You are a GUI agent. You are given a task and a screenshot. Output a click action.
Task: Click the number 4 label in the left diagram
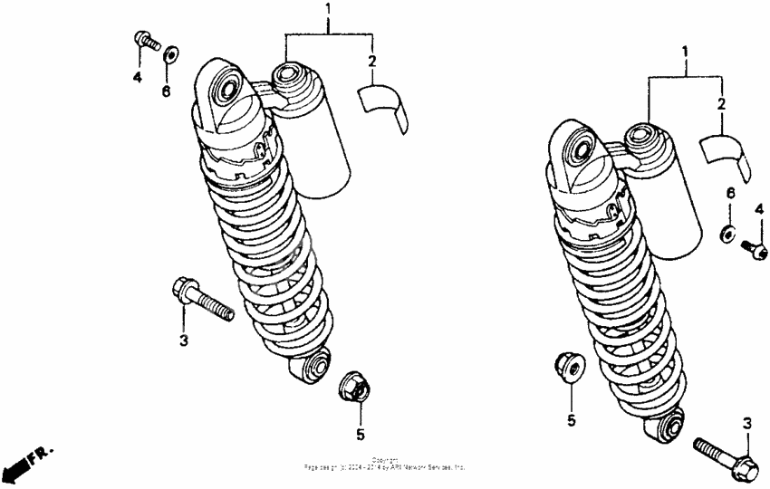click(x=138, y=79)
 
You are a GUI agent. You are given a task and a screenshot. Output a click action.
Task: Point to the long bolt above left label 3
click(x=201, y=300)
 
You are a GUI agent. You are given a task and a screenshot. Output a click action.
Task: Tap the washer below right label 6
click(x=727, y=235)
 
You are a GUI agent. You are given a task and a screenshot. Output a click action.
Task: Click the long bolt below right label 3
click(x=726, y=453)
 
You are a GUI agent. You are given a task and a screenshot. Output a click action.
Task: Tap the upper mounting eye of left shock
click(x=223, y=89)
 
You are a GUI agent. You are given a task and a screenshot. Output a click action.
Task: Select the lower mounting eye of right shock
click(x=671, y=425)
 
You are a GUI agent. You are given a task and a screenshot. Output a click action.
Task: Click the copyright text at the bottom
click(x=385, y=465)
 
